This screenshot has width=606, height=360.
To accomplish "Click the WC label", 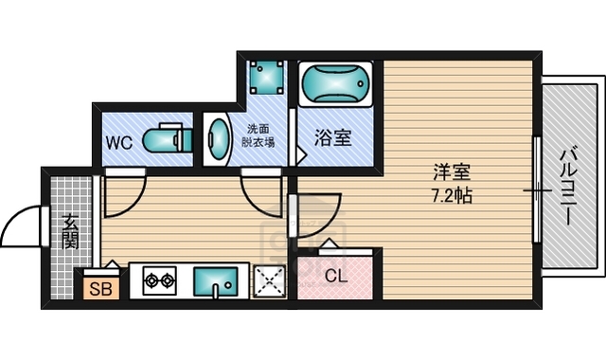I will pos(118,144).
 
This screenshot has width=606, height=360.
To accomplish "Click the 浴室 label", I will pos(333,138).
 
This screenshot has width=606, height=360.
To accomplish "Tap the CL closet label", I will pos(335,278).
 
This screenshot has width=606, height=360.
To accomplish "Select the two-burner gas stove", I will pos(159,280).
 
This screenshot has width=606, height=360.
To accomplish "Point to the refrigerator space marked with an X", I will pos(271,280).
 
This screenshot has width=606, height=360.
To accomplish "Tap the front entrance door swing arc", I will pos(21,227).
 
